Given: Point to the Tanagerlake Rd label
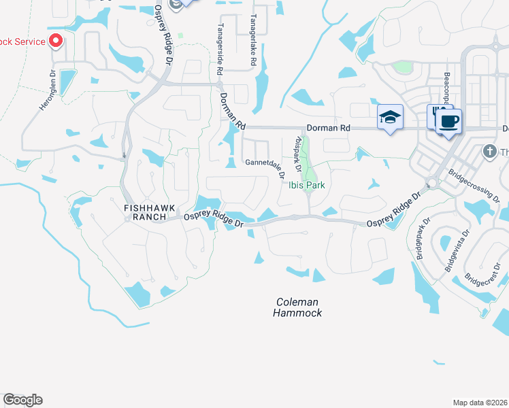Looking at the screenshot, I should [252, 40].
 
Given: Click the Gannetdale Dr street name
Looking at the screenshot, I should [264, 163].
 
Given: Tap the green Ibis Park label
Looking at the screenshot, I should [307, 185].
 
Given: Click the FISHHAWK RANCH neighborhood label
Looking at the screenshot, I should [146, 211].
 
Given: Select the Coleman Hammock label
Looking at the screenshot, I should [297, 307].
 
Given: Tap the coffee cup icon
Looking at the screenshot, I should [447, 122].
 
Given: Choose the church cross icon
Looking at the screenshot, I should [488, 151].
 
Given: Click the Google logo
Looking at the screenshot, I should [23, 400].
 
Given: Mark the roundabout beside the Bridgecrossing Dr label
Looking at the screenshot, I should [430, 182].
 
